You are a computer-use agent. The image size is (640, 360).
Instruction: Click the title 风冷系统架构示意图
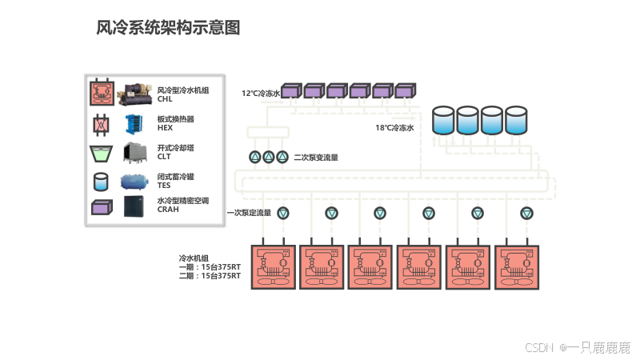coord(168,28)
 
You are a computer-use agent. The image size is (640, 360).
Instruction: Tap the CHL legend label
coord(165,99)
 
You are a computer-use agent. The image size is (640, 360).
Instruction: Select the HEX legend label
coord(165,128)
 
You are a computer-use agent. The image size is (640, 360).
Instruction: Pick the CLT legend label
coord(164,157)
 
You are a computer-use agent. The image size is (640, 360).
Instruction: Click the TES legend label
coord(164,186)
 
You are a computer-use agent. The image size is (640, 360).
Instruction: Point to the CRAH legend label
coord(168,210)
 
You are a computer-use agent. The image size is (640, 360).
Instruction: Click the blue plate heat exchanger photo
coord(134,124)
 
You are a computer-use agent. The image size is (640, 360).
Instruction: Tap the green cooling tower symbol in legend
coord(101,154)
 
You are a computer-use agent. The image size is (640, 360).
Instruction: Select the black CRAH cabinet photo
coord(134,206)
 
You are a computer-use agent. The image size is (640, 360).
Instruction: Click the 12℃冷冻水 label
coord(261,94)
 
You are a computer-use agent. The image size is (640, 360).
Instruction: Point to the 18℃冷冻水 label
coord(394,128)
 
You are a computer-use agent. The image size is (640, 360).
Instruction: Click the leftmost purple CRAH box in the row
coord(291,90)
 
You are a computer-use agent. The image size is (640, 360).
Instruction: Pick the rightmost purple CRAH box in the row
coord(406,90)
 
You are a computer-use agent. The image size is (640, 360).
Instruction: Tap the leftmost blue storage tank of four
coord(443,121)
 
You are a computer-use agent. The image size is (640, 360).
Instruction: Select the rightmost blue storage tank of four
coord(516,121)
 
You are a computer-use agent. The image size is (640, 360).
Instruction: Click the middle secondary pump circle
coord(269,157)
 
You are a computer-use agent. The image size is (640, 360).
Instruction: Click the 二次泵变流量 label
coord(316,158)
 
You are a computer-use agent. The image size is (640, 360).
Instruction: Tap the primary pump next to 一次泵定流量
coord(283,213)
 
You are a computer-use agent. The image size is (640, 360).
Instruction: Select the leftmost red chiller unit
coord(274,267)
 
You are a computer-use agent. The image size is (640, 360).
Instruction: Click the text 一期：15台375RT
coord(210,267)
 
